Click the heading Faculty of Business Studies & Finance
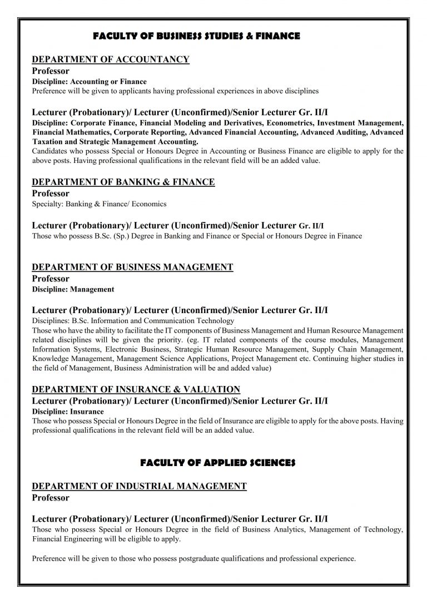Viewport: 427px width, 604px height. tap(196, 36)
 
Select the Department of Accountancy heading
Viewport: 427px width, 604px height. tap(111, 60)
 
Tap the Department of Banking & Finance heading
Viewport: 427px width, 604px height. tap(123, 182)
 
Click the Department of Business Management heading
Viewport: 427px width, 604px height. tap(132, 267)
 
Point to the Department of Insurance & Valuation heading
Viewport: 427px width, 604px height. tap(136, 389)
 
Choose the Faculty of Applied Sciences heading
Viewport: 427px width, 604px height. tap(217, 463)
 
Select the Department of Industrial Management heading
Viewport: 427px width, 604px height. tap(139, 486)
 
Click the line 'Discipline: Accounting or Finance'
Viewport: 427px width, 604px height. tap(90, 82)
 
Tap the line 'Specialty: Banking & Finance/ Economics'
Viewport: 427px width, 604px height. tap(99, 204)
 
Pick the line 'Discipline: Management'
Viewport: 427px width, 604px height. tap(73, 289)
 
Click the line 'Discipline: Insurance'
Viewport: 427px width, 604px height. tap(68, 412)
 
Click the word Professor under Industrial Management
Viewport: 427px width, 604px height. tap(51, 498)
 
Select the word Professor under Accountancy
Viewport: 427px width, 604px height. tap(51, 71)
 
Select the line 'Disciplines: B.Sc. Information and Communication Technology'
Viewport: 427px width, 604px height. tap(133, 321)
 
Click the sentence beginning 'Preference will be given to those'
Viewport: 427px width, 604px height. tap(194, 558)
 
